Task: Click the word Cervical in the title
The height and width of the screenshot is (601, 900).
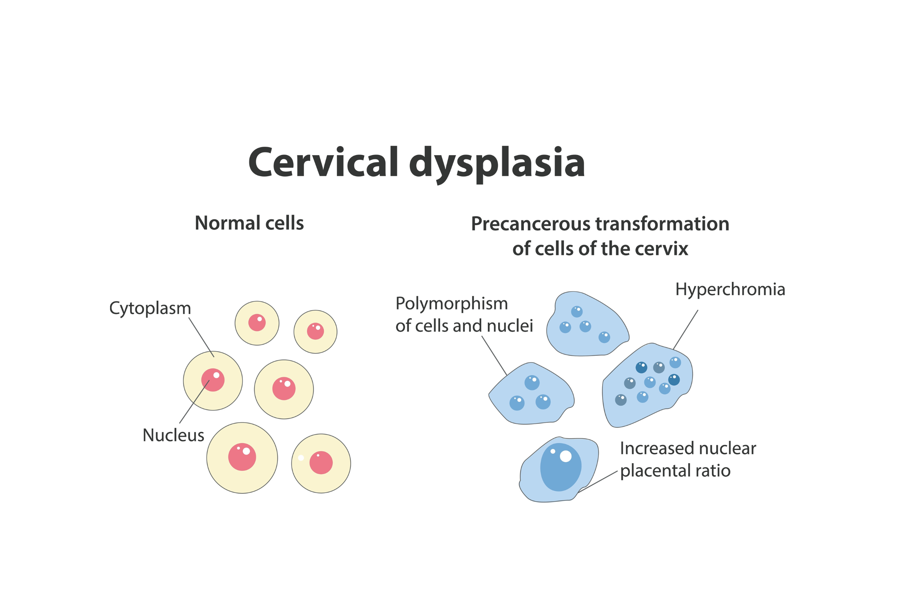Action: [x=323, y=162]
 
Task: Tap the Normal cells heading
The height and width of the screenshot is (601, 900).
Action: [x=249, y=223]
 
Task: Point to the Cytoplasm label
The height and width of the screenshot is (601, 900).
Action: [x=150, y=308]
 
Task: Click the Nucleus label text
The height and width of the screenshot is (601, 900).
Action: [x=173, y=435]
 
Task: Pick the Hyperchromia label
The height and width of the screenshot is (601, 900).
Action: [x=730, y=289]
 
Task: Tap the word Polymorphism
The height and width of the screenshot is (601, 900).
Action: [x=451, y=303]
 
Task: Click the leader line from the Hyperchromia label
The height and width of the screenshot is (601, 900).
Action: [x=686, y=330]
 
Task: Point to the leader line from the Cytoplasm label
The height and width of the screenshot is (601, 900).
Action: [x=201, y=337]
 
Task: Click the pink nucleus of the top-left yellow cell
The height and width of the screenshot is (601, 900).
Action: [x=257, y=323]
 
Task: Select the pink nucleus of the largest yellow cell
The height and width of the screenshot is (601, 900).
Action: [x=242, y=457]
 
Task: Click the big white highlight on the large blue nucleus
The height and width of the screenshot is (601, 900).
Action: [x=566, y=456]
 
